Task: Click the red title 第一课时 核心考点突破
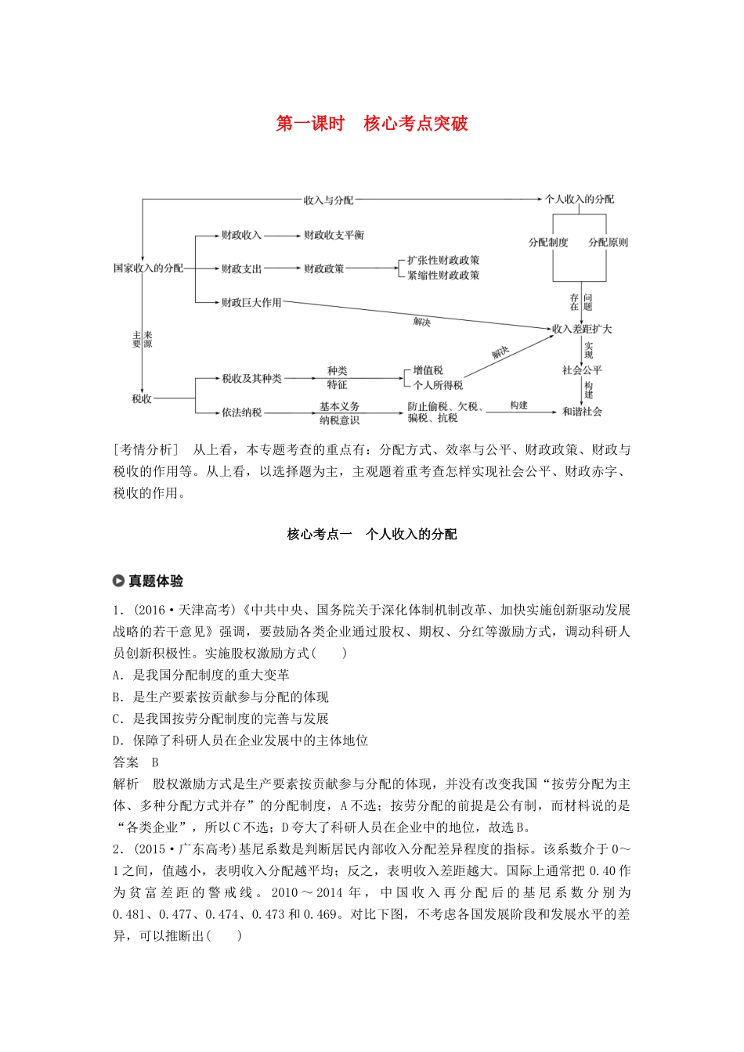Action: [x=372, y=124]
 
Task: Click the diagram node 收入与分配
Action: [x=328, y=200]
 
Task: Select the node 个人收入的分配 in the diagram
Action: [x=580, y=199]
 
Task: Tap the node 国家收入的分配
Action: [x=148, y=268]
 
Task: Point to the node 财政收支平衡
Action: [x=334, y=235]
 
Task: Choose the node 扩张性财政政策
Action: [x=443, y=261]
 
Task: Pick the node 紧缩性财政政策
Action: [x=443, y=276]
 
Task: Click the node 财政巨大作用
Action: [x=251, y=302]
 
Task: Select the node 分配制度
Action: [x=548, y=243]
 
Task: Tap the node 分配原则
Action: [x=609, y=243]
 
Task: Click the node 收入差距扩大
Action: [x=582, y=329]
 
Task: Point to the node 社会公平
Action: [x=582, y=369]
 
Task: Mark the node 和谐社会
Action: [x=582, y=411]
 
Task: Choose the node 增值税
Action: [x=428, y=370]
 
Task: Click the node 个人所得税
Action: [x=438, y=385]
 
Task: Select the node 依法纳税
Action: [x=241, y=412]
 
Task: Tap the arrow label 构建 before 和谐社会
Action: [x=518, y=405]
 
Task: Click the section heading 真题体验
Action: [x=156, y=581]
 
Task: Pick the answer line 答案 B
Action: [x=136, y=762]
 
